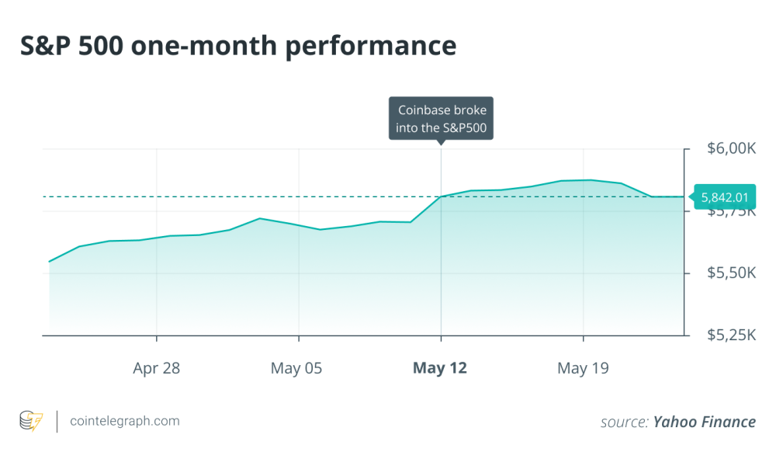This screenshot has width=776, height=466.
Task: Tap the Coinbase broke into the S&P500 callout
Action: coord(442,119)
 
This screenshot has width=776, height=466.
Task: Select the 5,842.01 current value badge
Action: coord(725,197)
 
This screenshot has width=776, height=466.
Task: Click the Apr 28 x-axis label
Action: coord(156,368)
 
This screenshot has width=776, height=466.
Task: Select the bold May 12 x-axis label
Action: coord(440,368)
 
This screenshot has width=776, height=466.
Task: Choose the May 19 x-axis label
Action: coord(583,368)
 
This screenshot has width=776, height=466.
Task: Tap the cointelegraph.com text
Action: coord(124,421)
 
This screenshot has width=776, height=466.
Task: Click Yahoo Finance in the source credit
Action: coord(704,422)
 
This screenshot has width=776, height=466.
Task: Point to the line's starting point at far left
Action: coord(50,262)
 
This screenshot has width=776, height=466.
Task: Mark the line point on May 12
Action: coord(441,196)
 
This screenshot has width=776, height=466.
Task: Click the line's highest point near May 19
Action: coord(591,179)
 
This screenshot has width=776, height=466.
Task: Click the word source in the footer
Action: coord(623,422)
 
